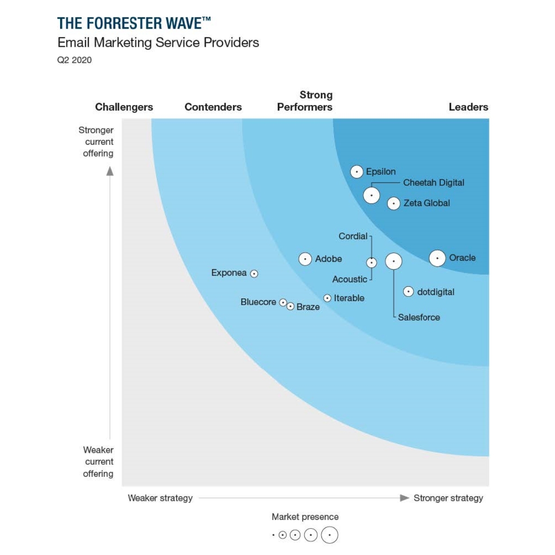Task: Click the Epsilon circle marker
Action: click(x=356, y=172)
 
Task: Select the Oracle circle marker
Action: click(x=437, y=258)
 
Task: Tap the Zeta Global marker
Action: click(x=394, y=203)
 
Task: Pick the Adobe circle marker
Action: click(x=305, y=259)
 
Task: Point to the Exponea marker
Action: click(x=254, y=274)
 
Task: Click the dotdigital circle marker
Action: click(x=408, y=292)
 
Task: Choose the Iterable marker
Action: click(x=327, y=298)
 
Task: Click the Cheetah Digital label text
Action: click(x=433, y=183)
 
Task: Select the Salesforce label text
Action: click(x=419, y=317)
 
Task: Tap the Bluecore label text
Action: click(x=258, y=302)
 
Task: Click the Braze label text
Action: click(x=308, y=307)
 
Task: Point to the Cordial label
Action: click(x=353, y=236)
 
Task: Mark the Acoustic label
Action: click(x=350, y=279)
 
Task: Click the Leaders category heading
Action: click(x=468, y=107)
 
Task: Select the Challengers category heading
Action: click(x=124, y=107)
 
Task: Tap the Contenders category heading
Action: click(x=213, y=107)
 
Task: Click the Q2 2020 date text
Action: click(x=74, y=60)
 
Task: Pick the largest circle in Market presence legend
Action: click(x=330, y=535)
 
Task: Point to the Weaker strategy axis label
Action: click(x=160, y=498)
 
